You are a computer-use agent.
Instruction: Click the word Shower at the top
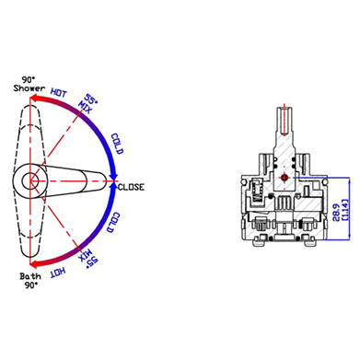(29, 88)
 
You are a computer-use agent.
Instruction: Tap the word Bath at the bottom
(30, 276)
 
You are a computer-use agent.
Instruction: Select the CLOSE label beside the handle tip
(131, 187)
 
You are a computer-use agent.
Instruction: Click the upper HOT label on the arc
(59, 92)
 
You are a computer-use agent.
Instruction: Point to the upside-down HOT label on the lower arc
(58, 272)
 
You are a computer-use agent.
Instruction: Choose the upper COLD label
(117, 144)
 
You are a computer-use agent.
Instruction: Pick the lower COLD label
(113, 222)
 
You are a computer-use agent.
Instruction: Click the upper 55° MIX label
(87, 103)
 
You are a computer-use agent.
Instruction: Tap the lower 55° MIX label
(88, 259)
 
